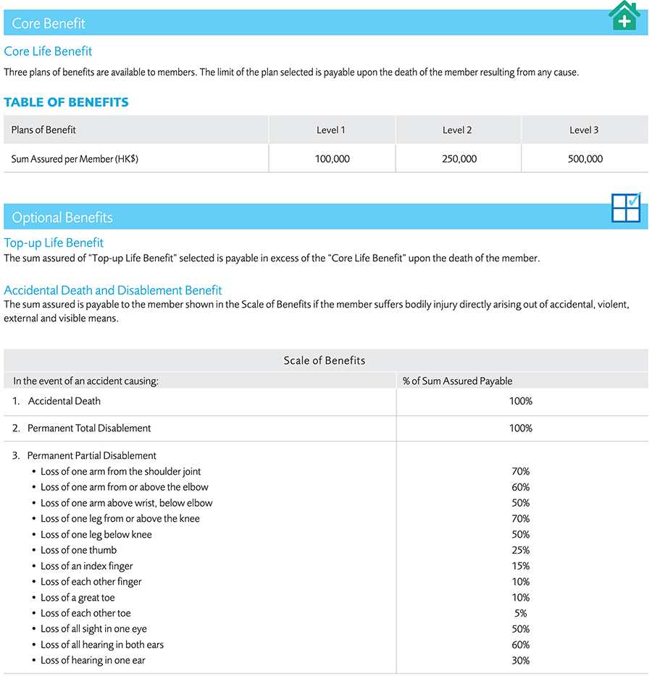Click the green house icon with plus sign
click(x=624, y=16)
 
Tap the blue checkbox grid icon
click(x=626, y=208)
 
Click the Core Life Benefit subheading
click(x=48, y=51)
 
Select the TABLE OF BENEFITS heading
click(x=66, y=102)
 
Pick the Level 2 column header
click(x=457, y=130)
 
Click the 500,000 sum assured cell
click(x=585, y=159)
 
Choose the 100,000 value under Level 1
click(x=332, y=159)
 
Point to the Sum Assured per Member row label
click(x=75, y=159)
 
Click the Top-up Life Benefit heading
click(x=54, y=243)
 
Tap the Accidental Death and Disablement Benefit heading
click(x=113, y=290)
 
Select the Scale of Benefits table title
click(x=325, y=360)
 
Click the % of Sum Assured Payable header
click(x=457, y=381)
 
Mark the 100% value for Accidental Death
click(x=520, y=401)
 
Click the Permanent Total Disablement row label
click(x=89, y=428)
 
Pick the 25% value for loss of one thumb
click(x=520, y=551)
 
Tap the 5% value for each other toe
click(x=520, y=614)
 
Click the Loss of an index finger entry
click(x=87, y=566)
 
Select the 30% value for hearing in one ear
click(x=520, y=661)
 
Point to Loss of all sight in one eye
click(x=93, y=629)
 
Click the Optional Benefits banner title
click(x=62, y=218)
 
